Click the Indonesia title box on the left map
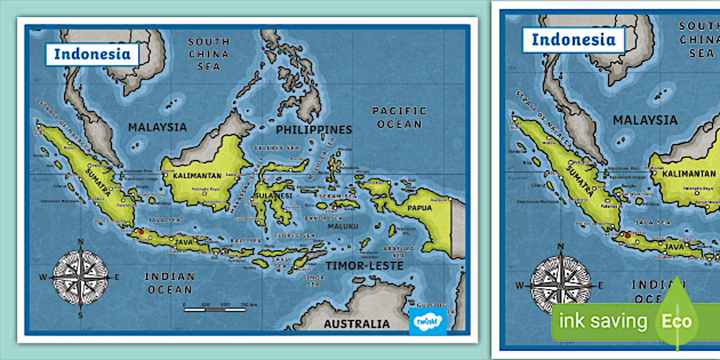(x=92, y=54)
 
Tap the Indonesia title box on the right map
(x=573, y=39)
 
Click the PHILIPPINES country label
(x=314, y=130)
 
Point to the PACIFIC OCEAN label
(x=399, y=117)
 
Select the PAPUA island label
(x=419, y=208)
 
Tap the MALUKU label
(x=343, y=226)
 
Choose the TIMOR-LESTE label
(x=365, y=266)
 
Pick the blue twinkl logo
(x=427, y=321)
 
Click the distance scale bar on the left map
(x=215, y=310)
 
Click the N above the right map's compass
(x=561, y=246)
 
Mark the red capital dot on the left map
(x=141, y=232)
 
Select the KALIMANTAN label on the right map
(x=689, y=174)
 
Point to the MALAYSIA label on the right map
(x=645, y=121)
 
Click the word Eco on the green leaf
(x=677, y=321)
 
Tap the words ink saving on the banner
(x=602, y=321)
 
